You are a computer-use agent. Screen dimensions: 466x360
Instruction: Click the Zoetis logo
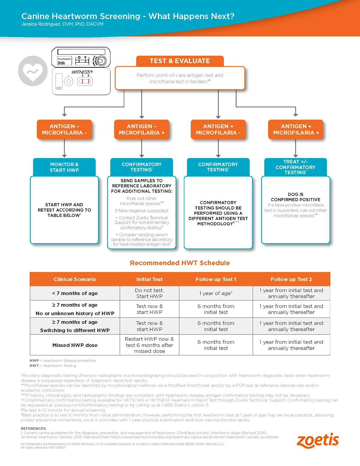point(318,440)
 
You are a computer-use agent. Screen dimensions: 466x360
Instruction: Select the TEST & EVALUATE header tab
point(180,61)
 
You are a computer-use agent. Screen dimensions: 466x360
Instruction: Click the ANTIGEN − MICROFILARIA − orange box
point(64,130)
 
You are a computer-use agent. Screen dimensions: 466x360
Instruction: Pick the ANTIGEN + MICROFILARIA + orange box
point(295,130)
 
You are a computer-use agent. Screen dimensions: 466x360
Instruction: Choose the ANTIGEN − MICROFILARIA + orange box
point(142,130)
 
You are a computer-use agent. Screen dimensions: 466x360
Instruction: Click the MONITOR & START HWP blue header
point(64,167)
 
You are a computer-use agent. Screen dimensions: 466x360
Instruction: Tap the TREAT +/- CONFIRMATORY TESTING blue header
point(295,167)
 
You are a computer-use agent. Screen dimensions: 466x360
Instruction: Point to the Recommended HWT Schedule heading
point(180,263)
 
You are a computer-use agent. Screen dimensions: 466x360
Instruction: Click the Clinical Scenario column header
point(75,279)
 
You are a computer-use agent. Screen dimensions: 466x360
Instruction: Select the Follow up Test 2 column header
point(291,279)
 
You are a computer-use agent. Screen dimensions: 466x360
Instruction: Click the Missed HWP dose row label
point(75,345)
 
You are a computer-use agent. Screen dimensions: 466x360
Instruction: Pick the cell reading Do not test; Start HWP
point(149,293)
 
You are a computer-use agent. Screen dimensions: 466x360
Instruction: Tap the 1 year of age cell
point(216,293)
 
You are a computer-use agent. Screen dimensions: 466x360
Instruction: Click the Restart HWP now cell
point(149,345)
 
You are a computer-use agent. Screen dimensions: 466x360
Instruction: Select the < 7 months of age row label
point(75,293)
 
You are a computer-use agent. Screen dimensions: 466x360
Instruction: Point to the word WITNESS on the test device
point(82,72)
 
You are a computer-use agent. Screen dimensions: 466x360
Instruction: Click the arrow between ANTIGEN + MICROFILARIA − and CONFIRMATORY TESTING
point(218,149)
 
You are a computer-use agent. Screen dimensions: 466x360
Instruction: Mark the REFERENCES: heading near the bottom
point(34,428)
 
